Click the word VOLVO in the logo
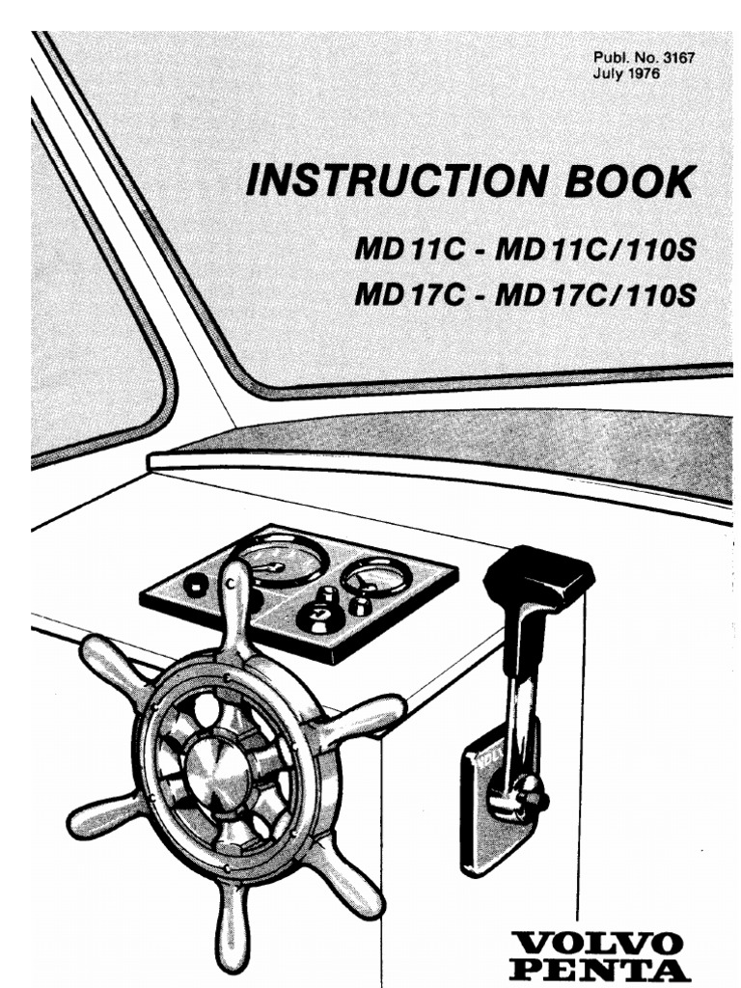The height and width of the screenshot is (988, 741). click(x=611, y=941)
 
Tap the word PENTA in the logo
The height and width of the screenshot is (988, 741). click(x=611, y=968)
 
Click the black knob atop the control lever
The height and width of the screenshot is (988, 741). click(x=537, y=579)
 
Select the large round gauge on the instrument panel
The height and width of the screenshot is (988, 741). click(x=281, y=562)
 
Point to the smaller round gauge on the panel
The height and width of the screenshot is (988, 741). click(x=376, y=576)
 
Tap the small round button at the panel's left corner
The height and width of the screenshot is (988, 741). click(x=197, y=584)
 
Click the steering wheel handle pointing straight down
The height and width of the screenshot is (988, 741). click(x=231, y=926)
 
